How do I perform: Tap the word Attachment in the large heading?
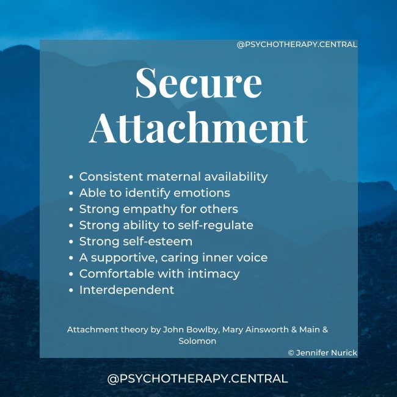pos(198,128)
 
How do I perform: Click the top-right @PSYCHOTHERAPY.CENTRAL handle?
pos(297,45)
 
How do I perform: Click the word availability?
pos(235,177)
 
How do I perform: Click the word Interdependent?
pos(126,290)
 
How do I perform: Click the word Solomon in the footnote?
pos(197,341)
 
